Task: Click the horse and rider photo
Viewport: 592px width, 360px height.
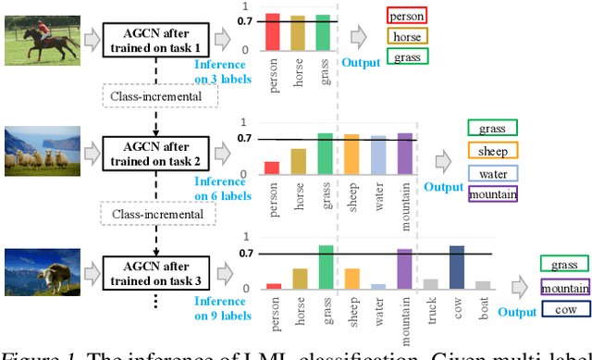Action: click(38, 40)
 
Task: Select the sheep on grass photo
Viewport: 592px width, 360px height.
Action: click(38, 151)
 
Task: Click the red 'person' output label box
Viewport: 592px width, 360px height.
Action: click(406, 16)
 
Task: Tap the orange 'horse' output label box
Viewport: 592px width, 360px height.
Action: click(406, 37)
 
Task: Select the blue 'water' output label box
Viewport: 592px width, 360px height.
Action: click(493, 173)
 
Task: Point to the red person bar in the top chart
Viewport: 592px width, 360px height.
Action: click(273, 31)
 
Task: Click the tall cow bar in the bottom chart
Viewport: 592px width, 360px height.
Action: click(457, 268)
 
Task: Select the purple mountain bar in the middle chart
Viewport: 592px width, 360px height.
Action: click(404, 155)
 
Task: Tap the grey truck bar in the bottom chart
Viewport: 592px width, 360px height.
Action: click(431, 284)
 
